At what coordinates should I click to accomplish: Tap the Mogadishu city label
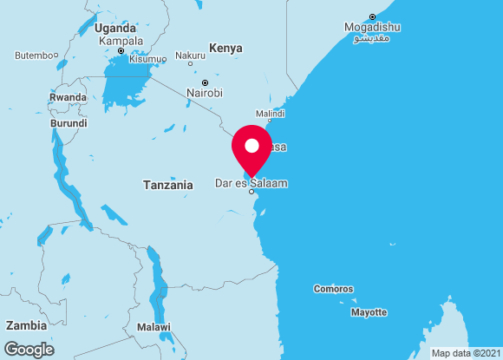tap(372, 27)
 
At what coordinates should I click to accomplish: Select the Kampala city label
tap(121, 41)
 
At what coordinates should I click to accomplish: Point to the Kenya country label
tap(225, 48)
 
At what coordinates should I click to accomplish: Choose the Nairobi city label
tap(205, 93)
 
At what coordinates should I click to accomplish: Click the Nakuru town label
tap(190, 56)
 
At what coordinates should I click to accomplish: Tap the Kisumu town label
tap(147, 59)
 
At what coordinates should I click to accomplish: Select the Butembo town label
tap(34, 56)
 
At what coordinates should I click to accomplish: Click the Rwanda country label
tap(68, 97)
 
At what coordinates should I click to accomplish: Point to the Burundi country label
tap(69, 123)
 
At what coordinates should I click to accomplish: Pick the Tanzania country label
tap(167, 185)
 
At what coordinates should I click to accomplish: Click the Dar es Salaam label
tap(251, 184)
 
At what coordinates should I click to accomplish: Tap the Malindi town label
tap(270, 114)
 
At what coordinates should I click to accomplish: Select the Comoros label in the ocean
tap(333, 289)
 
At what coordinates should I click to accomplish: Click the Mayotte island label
tap(369, 311)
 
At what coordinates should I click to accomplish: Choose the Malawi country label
tap(154, 327)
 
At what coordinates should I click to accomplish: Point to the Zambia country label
tap(26, 325)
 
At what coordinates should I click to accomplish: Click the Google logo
tap(29, 349)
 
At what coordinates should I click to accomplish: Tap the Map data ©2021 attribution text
tap(465, 353)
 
